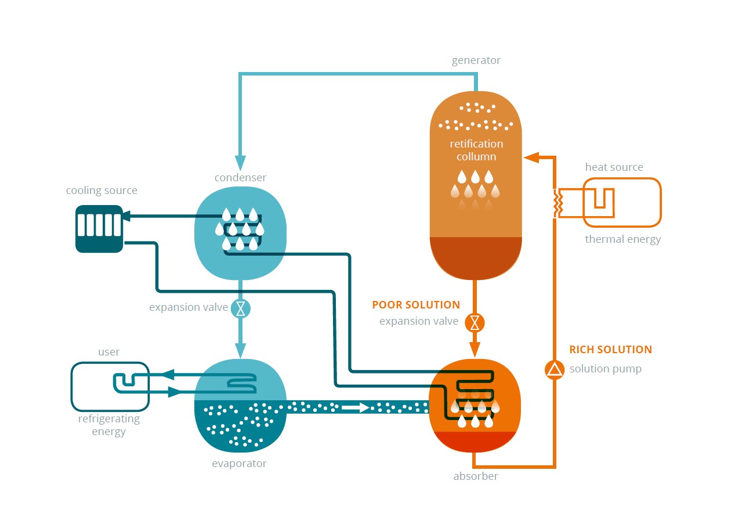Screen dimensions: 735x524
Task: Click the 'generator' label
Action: point(476,60)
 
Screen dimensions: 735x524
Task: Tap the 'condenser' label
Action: point(240,177)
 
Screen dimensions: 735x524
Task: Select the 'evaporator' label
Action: point(239,464)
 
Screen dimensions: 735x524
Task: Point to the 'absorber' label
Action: point(476,476)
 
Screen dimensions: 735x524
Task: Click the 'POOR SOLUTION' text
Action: point(416,305)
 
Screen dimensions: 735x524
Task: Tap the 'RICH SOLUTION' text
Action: point(610,350)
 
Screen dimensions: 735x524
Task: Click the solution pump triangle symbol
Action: point(555,369)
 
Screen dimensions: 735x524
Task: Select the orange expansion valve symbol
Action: point(475,322)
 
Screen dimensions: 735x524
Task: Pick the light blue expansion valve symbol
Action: point(241,308)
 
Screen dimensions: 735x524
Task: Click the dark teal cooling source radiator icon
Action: point(99,229)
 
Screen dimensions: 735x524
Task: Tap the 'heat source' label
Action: point(614,167)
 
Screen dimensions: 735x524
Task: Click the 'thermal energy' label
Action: point(622,239)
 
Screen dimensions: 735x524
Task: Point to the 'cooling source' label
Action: point(102,191)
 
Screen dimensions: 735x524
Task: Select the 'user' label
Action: point(109,352)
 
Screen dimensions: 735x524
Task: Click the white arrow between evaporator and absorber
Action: point(356,407)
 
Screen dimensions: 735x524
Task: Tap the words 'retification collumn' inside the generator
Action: point(476,150)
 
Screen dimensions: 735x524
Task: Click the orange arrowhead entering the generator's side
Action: point(531,157)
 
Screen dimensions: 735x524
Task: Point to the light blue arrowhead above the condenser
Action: point(241,163)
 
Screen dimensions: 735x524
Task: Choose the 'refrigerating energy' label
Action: point(108,425)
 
